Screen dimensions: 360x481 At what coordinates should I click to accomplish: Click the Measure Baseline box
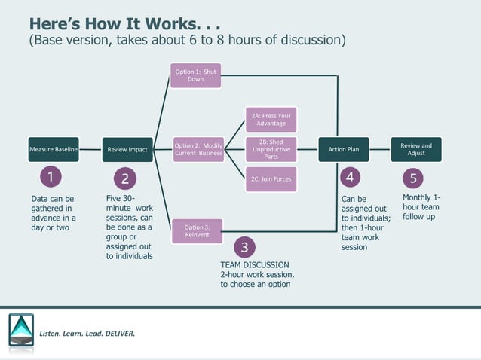coord(53,149)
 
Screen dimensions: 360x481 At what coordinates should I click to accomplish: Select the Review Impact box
coord(127,149)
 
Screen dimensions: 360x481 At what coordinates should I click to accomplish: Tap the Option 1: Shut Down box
coord(195,75)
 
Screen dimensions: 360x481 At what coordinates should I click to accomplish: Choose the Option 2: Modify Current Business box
coord(198,149)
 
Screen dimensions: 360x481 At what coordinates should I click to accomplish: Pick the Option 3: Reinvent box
coord(197,230)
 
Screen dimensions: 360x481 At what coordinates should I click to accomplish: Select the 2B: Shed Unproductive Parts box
coord(271,149)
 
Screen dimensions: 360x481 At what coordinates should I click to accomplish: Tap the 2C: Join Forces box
coord(271,179)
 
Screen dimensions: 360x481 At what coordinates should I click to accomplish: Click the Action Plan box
coord(343,149)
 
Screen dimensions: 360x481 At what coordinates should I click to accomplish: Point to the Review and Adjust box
coord(416,149)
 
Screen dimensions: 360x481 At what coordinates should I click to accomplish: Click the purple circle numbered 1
coord(51,178)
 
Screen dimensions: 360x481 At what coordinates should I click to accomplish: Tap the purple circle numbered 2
coord(125,178)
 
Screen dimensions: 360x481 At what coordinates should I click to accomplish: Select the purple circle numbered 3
coord(244,247)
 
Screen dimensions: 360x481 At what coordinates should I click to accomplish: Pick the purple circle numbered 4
coord(350,178)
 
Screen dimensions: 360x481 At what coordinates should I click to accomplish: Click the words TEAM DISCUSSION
coord(254,265)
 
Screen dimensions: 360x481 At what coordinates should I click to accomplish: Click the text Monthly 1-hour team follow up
coord(421,207)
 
